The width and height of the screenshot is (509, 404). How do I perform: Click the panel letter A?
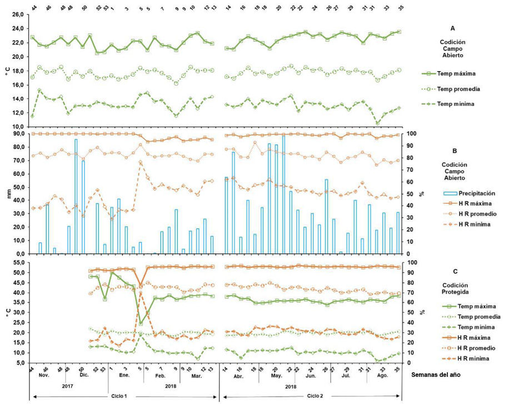tap(453, 26)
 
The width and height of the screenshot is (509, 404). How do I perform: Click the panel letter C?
tap(454, 271)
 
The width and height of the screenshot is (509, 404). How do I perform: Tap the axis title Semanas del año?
tap(436, 375)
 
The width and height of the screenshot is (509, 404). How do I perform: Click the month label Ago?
tap(382, 375)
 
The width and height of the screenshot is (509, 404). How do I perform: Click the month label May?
tap(276, 375)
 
